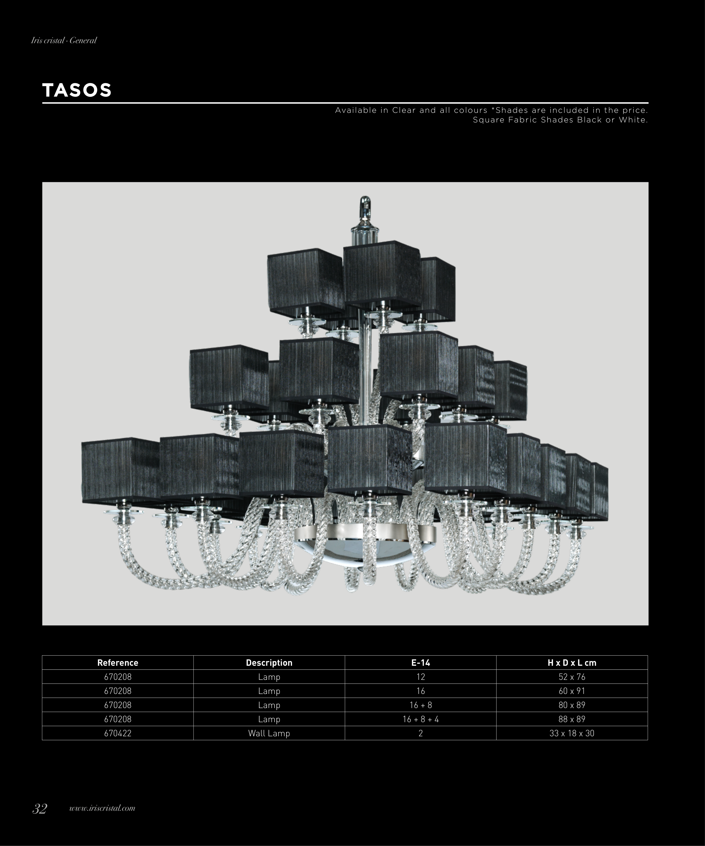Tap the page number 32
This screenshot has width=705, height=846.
pos(40,808)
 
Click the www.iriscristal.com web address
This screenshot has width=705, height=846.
pos(102,808)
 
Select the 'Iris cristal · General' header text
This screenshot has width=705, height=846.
pos(64,40)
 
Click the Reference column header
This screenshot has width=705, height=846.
pos(118,663)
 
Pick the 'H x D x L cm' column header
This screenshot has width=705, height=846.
pos(572,663)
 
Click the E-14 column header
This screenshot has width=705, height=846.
pos(421,663)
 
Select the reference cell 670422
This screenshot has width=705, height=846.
pos(118,733)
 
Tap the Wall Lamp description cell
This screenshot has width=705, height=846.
pos(269,733)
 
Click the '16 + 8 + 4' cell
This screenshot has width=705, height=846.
pos(421,719)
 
